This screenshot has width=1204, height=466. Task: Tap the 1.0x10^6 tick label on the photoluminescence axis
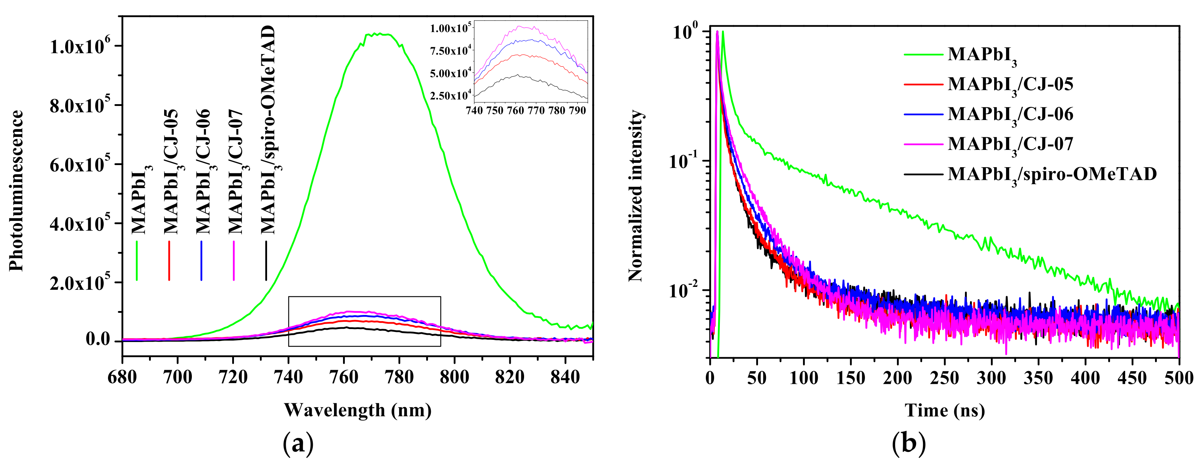click(80, 46)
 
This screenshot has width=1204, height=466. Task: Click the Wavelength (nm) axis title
click(357, 410)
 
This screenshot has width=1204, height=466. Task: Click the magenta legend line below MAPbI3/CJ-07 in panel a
click(234, 261)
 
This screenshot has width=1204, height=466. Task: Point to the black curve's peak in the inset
click(517, 75)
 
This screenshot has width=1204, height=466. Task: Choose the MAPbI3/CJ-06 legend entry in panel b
click(1010, 115)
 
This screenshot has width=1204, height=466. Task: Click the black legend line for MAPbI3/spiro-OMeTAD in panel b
click(923, 174)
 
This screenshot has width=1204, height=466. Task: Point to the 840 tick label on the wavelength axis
click(565, 377)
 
